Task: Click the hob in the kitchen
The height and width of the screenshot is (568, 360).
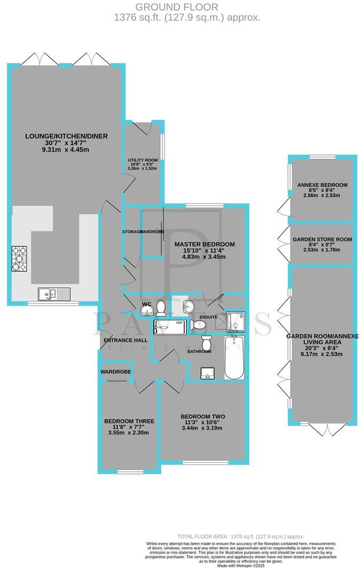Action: point(20,259)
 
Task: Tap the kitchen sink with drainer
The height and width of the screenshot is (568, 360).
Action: point(54,293)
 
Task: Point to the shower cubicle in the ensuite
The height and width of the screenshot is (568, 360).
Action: point(235,321)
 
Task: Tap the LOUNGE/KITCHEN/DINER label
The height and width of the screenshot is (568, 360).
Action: point(66,136)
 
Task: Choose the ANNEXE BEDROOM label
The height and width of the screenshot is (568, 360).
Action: point(322,185)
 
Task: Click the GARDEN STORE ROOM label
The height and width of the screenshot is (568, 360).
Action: point(322,240)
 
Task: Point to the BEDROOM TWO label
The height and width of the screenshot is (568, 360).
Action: point(202,416)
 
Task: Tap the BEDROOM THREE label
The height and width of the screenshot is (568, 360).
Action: point(129,421)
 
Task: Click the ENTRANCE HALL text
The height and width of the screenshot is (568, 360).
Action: point(126,340)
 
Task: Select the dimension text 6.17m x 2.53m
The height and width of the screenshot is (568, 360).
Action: point(322,353)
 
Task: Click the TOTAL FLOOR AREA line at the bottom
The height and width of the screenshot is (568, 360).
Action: point(240,536)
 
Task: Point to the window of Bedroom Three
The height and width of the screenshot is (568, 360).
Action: point(129,471)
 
